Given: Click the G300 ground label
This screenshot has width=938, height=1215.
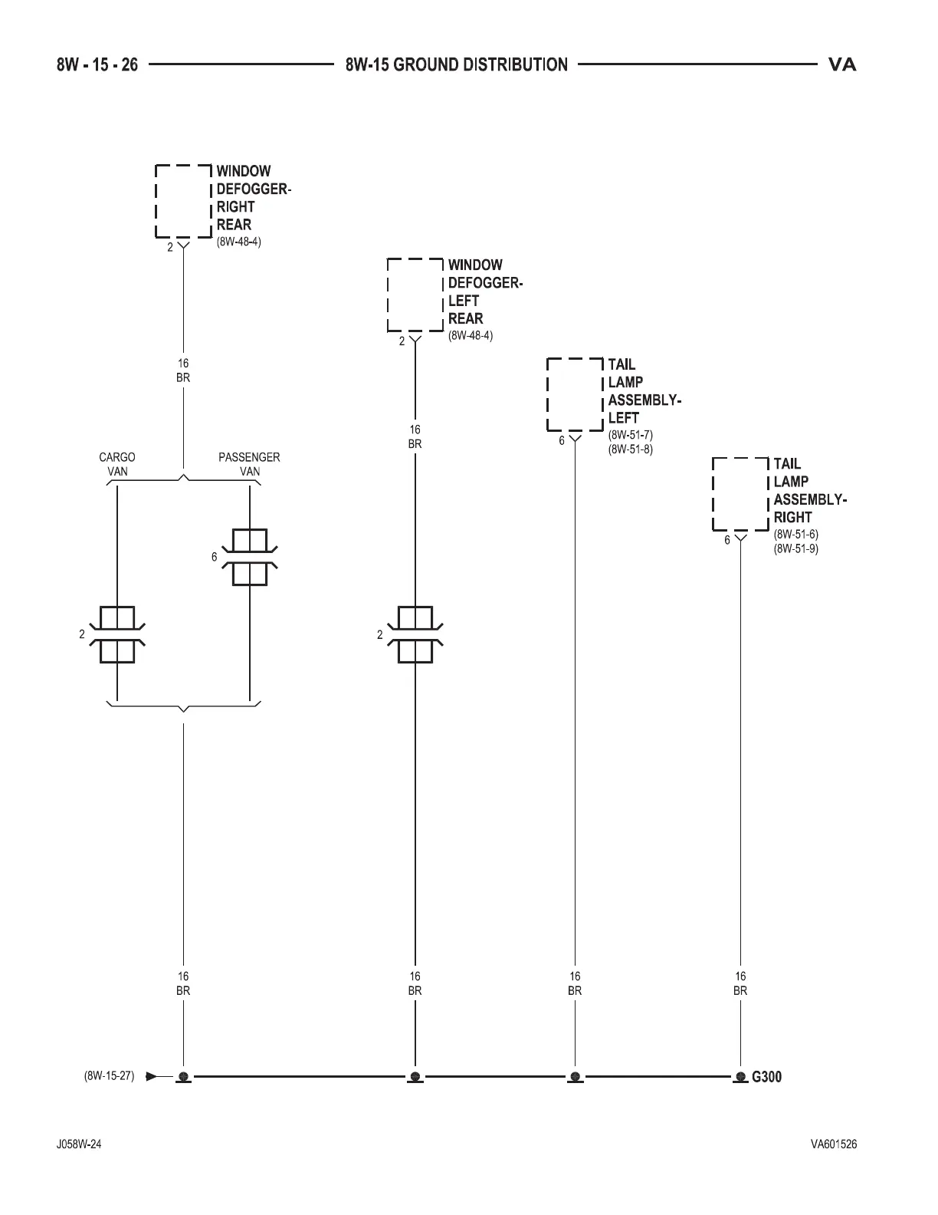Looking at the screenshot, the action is coord(766,1077).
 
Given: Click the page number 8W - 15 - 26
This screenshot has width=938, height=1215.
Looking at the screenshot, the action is coord(97,64).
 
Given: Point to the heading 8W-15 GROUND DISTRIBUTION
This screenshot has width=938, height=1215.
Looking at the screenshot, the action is coord(457,64).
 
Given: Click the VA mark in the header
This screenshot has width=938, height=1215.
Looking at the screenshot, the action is coord(842,64).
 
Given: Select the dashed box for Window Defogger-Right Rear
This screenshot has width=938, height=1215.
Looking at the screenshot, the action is coord(183,201).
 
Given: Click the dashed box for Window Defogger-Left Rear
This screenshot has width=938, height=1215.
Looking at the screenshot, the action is coord(415,295).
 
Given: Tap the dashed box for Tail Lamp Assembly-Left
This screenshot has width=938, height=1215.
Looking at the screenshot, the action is coord(575,394).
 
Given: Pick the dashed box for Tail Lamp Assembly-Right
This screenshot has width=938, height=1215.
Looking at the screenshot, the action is coord(740,493).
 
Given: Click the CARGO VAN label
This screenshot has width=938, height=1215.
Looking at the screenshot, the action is coord(117,464).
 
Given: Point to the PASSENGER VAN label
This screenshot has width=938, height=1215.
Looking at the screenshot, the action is coord(249,464).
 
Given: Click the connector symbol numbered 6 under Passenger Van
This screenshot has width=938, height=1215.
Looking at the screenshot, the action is coord(250,558).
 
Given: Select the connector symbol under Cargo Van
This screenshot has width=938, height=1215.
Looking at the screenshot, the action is coord(117,635).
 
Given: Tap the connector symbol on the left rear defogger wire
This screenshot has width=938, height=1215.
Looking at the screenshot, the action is coord(415,635).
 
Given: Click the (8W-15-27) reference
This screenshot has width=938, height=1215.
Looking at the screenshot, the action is coord(109,1076).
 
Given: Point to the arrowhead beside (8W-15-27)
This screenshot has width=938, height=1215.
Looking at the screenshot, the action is coord(151,1076).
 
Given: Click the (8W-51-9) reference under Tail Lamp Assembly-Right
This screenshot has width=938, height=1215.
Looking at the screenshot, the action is coord(796,549).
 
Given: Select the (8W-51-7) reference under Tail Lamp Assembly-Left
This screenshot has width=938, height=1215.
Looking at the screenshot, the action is coord(631,435).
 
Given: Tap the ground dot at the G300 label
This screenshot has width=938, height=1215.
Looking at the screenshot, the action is coord(740,1077).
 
